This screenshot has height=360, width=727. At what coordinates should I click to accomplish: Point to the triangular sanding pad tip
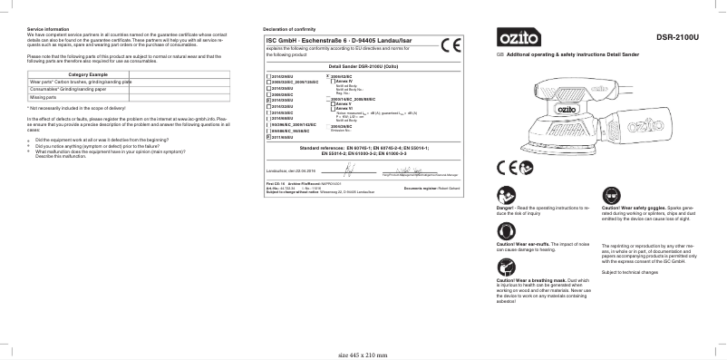(x=503, y=145)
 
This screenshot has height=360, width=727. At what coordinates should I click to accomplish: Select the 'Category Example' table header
(x=89, y=73)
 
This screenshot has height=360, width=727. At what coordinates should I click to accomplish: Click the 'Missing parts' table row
(x=44, y=96)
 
